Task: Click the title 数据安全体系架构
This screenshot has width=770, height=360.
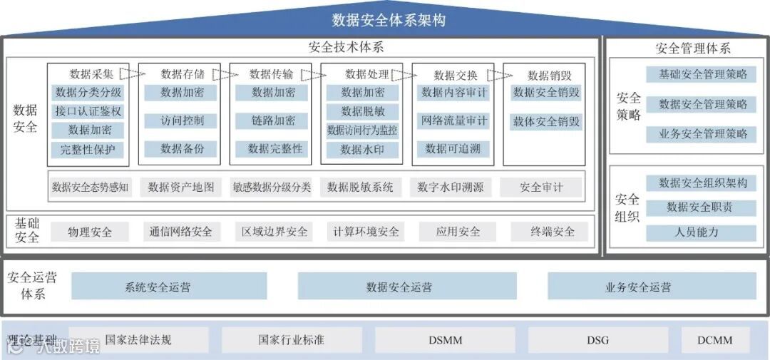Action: coord(389,20)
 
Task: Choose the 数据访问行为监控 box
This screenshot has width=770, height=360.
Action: coord(362,130)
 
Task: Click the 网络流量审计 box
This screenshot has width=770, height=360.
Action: coord(454,120)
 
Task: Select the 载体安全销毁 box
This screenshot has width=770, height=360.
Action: coord(546,122)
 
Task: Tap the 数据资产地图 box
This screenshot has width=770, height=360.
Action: coord(181,187)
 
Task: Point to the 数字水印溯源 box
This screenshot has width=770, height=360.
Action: coord(451,187)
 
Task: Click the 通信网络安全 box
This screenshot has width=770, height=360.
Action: coord(181,232)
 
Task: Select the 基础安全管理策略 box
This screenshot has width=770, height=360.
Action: coord(702,74)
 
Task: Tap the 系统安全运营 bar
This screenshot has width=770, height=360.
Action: coord(158,287)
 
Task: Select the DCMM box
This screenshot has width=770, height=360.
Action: coord(715,340)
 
